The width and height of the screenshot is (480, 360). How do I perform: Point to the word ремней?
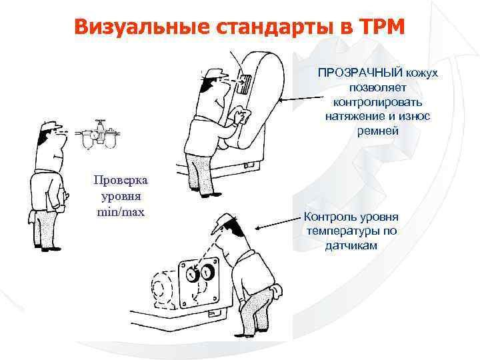377,131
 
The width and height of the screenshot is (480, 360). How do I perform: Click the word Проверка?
121,181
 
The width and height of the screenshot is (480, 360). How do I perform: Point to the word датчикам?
351,246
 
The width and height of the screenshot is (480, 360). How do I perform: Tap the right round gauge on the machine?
208,271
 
